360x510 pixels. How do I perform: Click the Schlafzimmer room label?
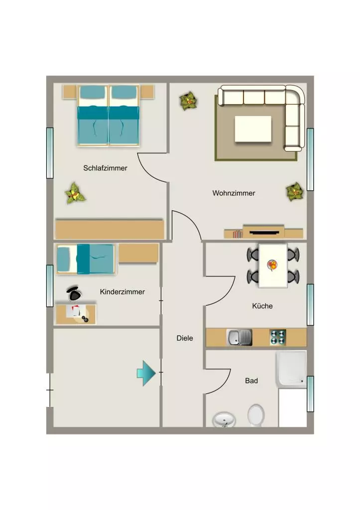105,168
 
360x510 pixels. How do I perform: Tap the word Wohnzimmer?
234,193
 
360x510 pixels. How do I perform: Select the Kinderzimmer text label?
122,292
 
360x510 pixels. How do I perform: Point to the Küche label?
262,306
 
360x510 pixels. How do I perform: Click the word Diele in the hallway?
185,338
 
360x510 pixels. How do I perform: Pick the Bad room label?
251,381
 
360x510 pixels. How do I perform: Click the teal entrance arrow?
146,373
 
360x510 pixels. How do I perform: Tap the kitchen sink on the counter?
240,337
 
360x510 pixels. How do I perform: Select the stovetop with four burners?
278,337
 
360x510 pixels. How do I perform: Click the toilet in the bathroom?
256,415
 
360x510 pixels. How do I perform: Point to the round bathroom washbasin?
224,419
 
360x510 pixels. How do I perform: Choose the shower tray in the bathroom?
291,370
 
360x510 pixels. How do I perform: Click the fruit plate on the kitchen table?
272,265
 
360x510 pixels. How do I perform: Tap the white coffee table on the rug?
253,129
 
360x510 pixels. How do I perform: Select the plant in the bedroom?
75,193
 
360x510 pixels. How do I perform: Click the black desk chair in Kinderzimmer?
75,293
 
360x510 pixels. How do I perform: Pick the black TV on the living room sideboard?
264,232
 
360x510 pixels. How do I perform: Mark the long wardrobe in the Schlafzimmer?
110,230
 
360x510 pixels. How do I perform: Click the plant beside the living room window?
295,192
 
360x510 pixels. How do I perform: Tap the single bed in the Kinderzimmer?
86,259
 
